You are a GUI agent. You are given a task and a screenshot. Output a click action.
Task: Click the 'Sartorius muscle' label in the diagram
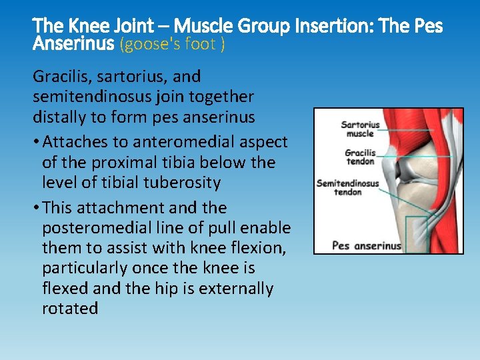tap(360, 129)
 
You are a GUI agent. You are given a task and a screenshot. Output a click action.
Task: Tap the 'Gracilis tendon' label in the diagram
tap(360, 157)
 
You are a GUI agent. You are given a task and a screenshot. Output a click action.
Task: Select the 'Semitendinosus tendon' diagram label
tap(347, 187)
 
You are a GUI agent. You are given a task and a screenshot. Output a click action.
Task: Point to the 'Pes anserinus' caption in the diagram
tap(367, 245)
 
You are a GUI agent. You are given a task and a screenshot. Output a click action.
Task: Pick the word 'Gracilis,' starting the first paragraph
tap(59, 77)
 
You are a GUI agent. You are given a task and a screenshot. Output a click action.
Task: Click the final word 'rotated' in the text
tap(70, 309)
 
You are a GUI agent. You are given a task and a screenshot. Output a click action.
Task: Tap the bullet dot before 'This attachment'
tap(36, 208)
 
